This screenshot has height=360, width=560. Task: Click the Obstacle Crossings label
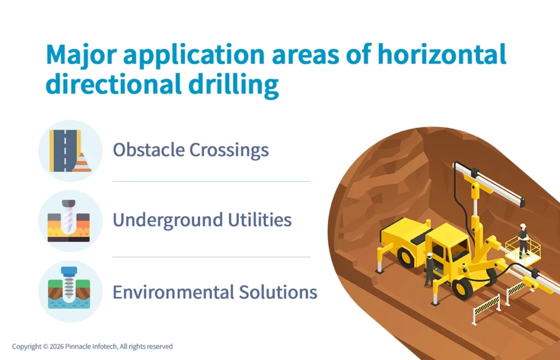(190, 149)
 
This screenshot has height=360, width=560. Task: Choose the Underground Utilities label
(202, 220)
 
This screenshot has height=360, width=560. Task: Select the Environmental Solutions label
(214, 292)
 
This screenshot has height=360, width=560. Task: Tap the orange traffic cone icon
(81, 162)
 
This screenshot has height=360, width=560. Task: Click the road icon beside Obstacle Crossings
(65, 150)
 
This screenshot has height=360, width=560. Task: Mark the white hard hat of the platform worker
(523, 226)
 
